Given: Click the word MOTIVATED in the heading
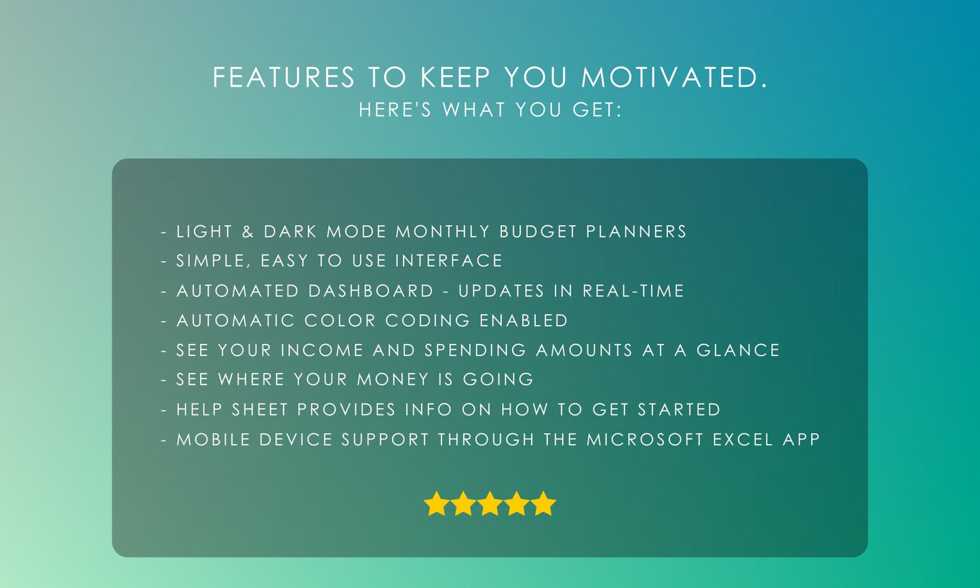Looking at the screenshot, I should point(675,78).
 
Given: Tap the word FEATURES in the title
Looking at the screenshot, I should point(283,78).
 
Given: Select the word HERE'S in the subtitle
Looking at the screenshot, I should point(395,110).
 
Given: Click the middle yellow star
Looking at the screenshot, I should point(490,505).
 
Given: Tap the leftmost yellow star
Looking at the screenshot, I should point(436,505).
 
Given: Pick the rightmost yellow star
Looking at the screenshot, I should point(543,505).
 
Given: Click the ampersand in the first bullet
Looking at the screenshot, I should point(248,232).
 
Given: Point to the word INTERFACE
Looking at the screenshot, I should point(449,261).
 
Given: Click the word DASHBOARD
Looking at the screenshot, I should point(371,291).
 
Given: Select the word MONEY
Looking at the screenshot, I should point(393,380).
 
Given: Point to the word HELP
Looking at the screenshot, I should point(201,410).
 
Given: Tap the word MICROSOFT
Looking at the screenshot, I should point(645,439).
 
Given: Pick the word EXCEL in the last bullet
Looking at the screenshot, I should point(743,439).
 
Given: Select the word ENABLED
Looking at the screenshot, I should point(524,321).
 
